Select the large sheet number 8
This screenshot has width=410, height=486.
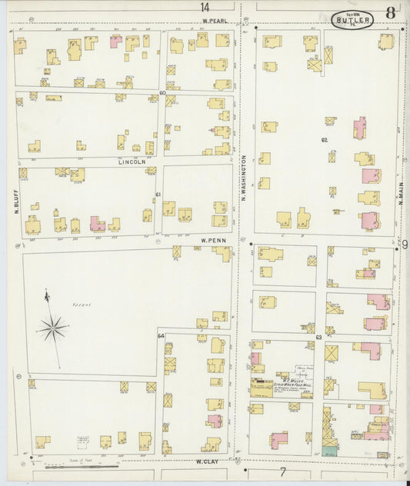[x=392, y=13]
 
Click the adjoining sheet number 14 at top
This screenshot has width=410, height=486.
[x=205, y=7]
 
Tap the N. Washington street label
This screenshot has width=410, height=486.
[x=244, y=178]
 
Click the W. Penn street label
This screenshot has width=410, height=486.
[x=212, y=240]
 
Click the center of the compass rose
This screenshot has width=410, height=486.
[x=53, y=328]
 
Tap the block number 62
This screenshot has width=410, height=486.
[x=325, y=140]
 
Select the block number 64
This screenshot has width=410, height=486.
[x=162, y=336]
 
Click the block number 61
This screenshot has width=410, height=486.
[x=158, y=195]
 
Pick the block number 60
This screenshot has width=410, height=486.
[x=162, y=93]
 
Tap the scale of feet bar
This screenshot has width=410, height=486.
[x=81, y=465]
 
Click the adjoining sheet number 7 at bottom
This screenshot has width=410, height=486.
[x=282, y=471]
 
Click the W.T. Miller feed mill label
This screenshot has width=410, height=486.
[x=280, y=379]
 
